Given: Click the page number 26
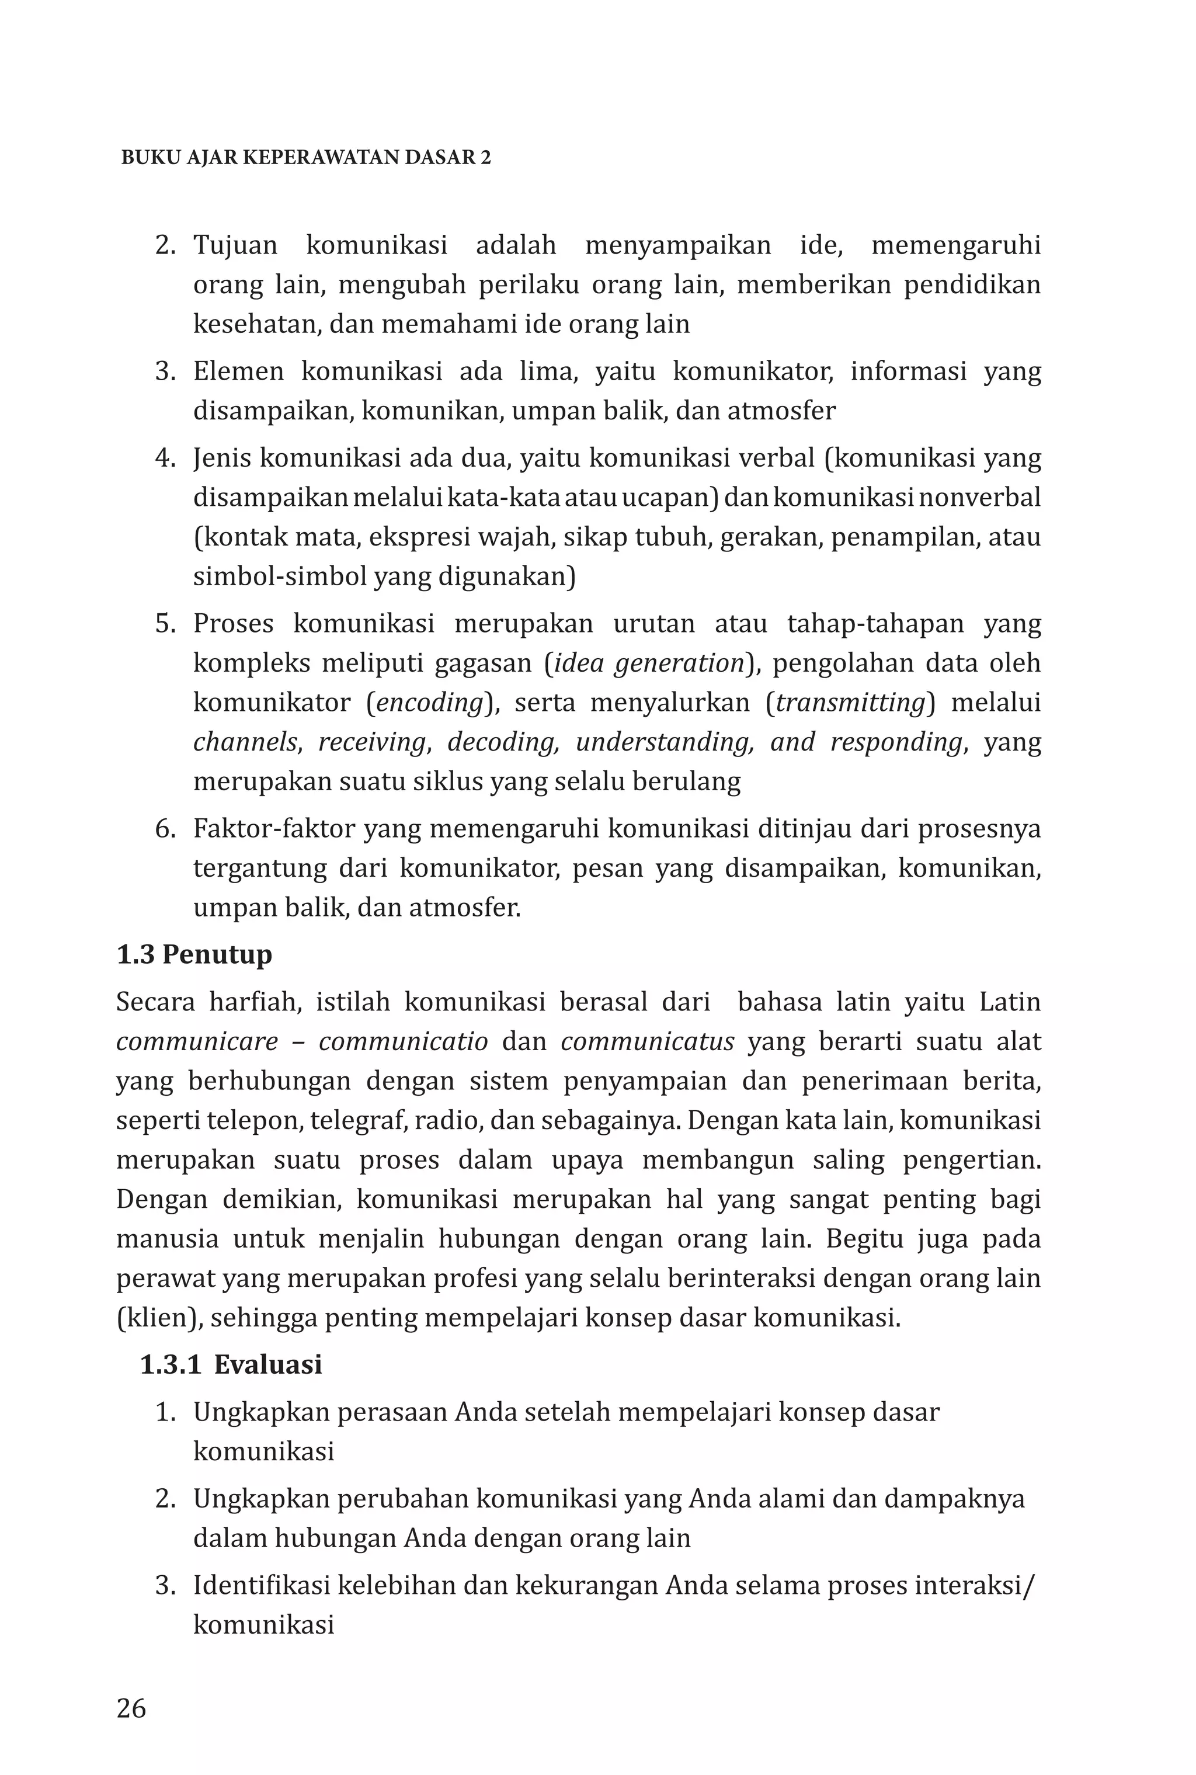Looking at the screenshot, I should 131,1708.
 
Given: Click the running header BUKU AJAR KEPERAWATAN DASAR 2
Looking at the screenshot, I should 306,157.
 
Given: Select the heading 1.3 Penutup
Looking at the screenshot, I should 194,954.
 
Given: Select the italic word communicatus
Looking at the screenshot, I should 648,1041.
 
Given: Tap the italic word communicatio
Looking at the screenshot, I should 403,1041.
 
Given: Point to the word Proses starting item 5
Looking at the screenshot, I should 234,623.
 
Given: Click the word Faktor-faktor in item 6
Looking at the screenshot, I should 274,828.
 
